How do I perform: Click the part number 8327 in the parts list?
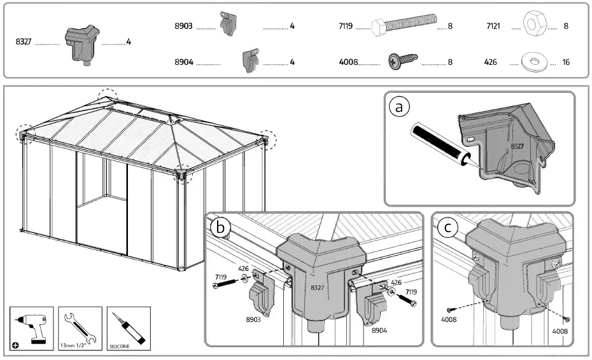click(x=24, y=42)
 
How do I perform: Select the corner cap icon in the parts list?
click(x=82, y=43)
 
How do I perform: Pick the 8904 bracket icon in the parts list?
click(x=250, y=60)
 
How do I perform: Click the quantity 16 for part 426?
click(x=566, y=63)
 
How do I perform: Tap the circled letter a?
click(x=399, y=107)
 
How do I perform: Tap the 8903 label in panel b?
click(x=253, y=321)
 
